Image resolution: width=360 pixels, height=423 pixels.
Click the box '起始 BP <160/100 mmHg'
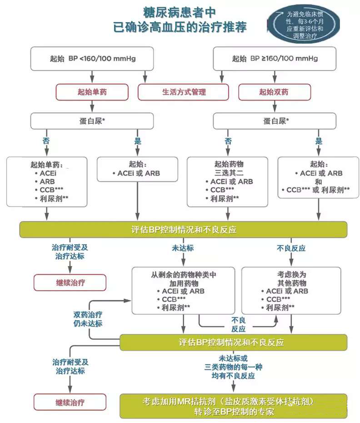coord(92,58)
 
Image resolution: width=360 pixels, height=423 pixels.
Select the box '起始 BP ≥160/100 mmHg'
coord(275,58)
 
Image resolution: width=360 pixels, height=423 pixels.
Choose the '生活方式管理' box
coord(184,92)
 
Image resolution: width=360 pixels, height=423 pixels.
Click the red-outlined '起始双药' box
coord(274,92)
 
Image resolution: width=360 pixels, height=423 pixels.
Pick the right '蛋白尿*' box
coord(275,121)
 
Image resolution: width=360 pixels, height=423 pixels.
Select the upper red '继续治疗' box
coord(70,282)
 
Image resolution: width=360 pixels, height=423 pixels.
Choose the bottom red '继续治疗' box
coord(70,403)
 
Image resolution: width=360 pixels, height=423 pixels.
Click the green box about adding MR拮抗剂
coord(233,406)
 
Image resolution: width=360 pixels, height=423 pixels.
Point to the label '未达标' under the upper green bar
coord(183,248)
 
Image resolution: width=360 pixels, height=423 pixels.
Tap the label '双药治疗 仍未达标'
coord(88,318)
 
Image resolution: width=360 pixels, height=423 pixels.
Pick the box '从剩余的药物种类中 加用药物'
coord(183,291)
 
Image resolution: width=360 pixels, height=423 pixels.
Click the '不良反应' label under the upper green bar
coord(291,248)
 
